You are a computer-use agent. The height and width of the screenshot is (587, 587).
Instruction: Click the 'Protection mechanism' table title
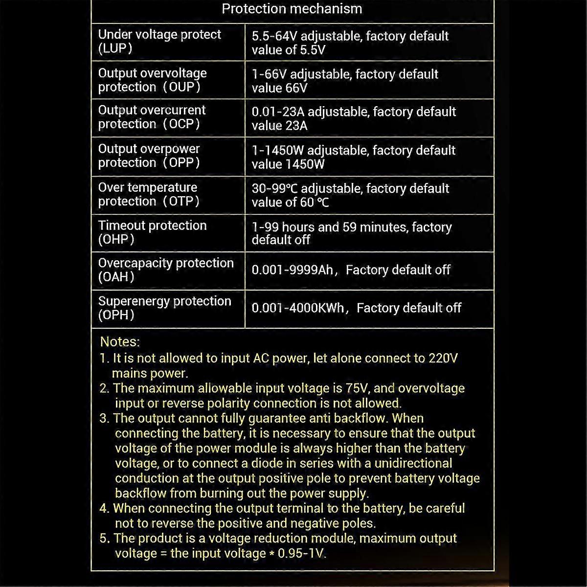[x=292, y=9]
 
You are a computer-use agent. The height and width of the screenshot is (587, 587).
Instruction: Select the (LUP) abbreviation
[x=115, y=48]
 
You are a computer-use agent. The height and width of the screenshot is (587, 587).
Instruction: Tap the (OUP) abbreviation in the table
[x=181, y=87]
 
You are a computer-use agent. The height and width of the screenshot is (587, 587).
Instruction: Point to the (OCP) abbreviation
[x=181, y=124]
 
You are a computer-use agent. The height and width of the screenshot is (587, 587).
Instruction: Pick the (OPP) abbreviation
[x=181, y=163]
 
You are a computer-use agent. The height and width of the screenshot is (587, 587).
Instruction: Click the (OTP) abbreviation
[x=181, y=201]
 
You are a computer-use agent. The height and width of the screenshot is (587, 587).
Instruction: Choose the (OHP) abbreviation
[x=116, y=240]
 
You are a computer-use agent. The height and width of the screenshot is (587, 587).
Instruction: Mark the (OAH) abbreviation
[x=116, y=277]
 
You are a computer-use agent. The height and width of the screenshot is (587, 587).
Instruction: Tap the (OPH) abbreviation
[x=116, y=315]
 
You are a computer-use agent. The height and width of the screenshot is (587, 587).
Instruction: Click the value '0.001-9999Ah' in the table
[x=293, y=270]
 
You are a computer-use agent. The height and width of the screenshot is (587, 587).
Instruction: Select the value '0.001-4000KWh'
[x=298, y=308]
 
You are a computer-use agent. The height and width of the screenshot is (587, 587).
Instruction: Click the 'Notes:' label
[x=120, y=342]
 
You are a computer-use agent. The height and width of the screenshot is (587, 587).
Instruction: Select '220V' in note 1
[x=443, y=358]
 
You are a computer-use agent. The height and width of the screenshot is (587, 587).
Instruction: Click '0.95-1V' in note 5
[x=301, y=553]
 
